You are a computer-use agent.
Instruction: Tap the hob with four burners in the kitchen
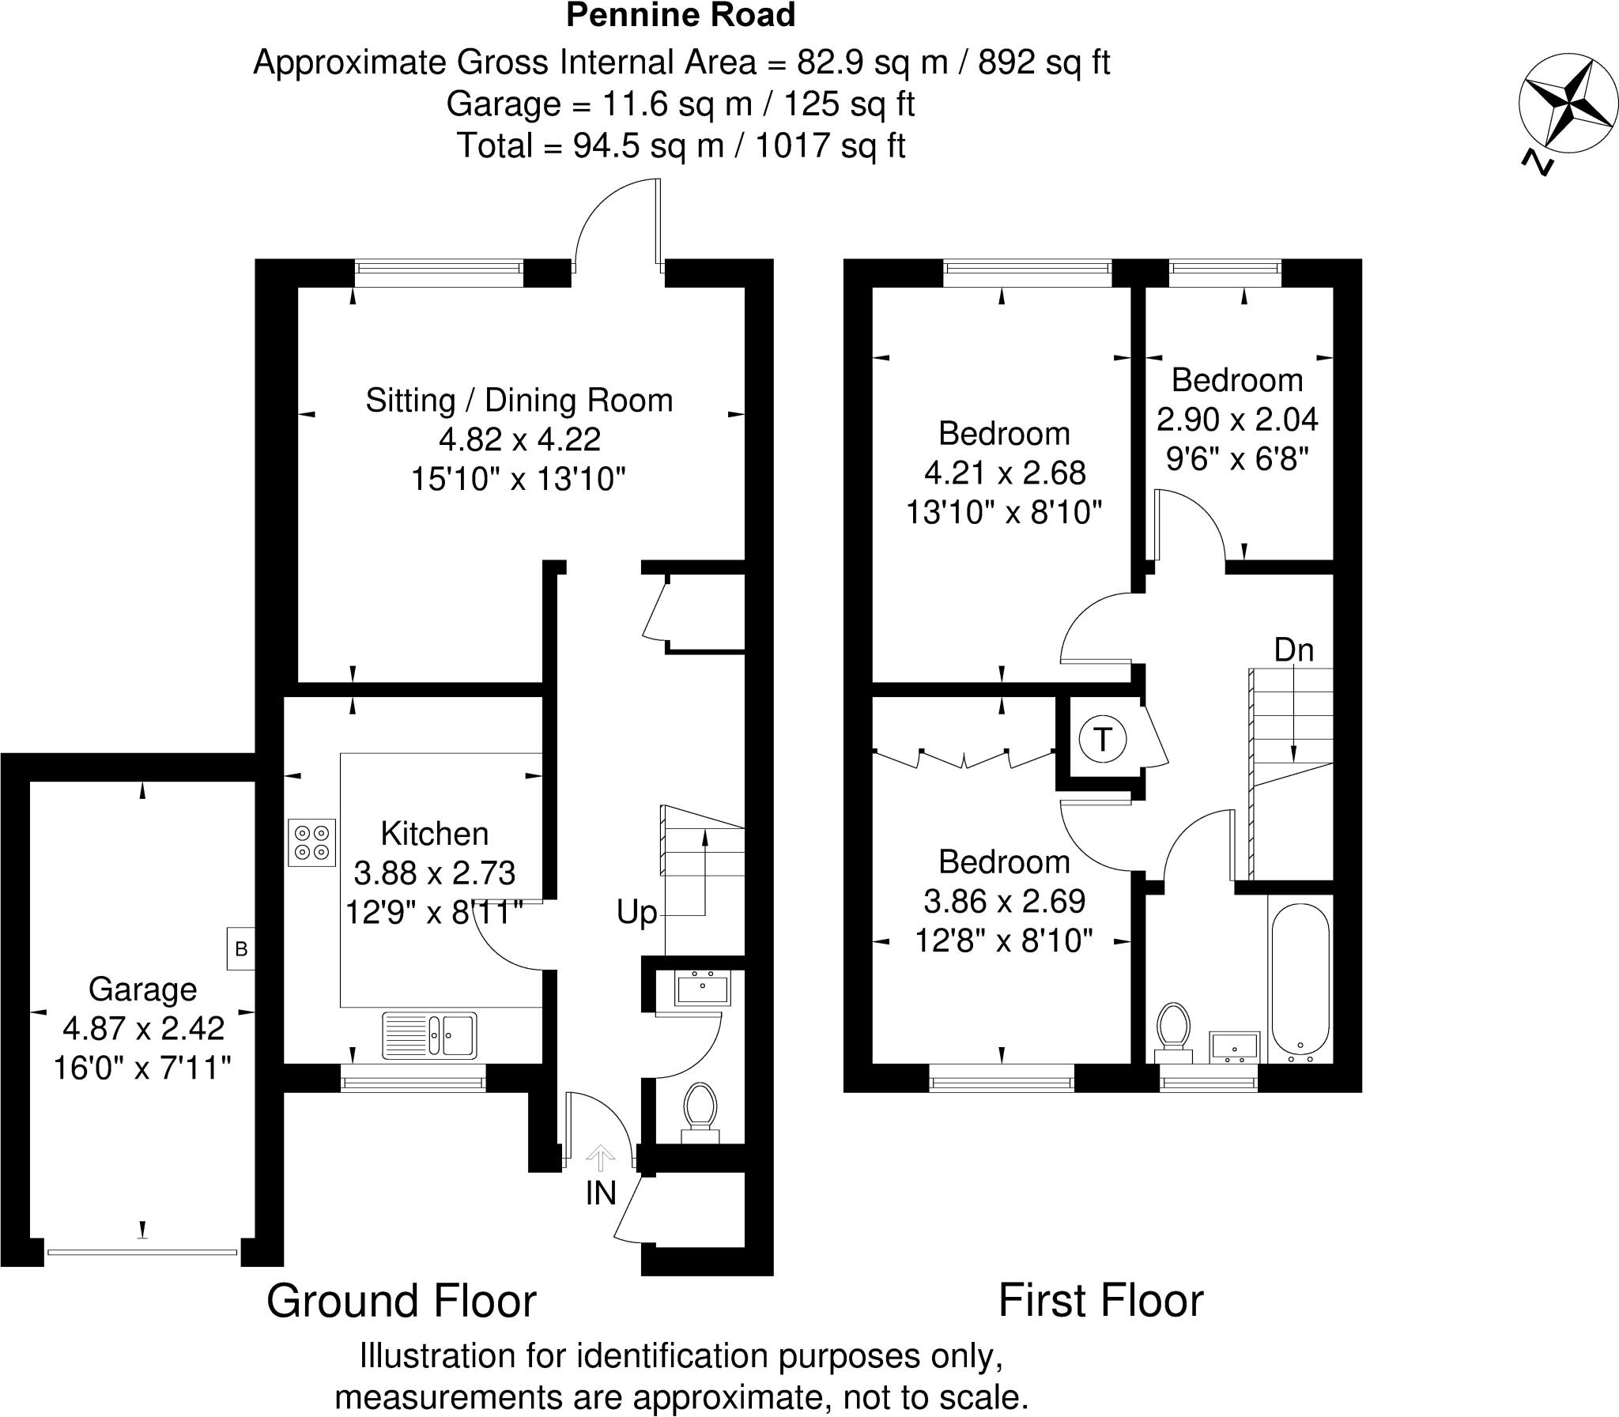click(312, 842)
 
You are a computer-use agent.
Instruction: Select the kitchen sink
click(429, 1036)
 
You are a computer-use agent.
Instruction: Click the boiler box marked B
click(241, 949)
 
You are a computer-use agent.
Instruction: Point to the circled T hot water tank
click(1102, 741)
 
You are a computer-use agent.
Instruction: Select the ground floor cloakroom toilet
click(700, 1111)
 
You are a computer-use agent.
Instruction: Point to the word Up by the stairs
click(636, 914)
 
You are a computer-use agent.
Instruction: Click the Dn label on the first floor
click(1294, 650)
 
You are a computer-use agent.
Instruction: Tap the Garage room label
click(142, 989)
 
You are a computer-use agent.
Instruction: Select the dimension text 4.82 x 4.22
click(519, 439)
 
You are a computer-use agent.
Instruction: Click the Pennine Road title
click(680, 16)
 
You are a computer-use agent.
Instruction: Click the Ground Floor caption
click(401, 1301)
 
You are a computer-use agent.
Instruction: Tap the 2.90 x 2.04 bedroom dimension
click(1237, 419)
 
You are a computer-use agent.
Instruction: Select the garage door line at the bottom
click(142, 1252)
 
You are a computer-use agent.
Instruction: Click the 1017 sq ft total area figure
click(831, 146)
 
